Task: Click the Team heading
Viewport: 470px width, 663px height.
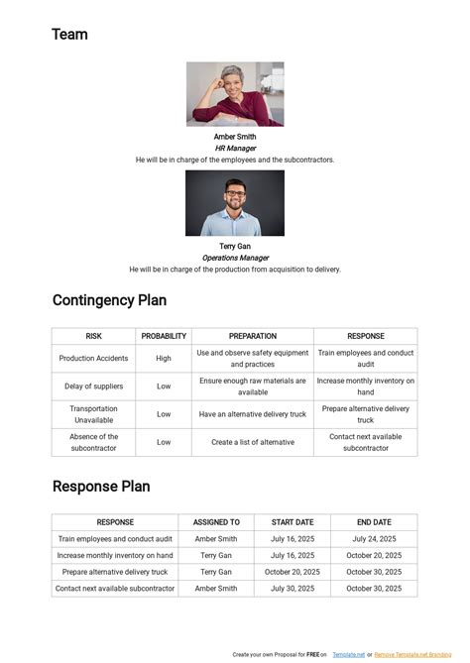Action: pos(69,35)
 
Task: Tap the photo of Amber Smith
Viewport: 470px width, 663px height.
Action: pos(235,94)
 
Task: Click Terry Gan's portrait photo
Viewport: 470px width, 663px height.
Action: pos(235,203)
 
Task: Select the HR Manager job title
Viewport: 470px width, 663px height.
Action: pos(235,148)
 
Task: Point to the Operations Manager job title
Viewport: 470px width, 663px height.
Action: pos(235,258)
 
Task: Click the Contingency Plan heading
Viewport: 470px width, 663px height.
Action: pos(109,300)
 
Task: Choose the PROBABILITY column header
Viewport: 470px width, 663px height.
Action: pos(164,336)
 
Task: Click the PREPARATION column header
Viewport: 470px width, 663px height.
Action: pos(253,336)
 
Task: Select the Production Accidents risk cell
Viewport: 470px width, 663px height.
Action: pos(93,359)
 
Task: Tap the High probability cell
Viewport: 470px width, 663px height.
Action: pos(164,359)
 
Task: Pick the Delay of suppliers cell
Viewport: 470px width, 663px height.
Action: pos(93,387)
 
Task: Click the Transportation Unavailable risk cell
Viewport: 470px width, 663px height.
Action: pos(93,414)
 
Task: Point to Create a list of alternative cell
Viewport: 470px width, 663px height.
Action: pos(253,442)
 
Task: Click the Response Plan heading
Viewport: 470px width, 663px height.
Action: pos(101,487)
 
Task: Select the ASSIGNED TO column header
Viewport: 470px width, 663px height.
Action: pos(216,522)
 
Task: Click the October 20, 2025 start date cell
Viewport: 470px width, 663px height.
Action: pos(292,572)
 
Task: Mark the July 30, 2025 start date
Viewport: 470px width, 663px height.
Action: pos(292,589)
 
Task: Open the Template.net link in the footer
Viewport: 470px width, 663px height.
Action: pos(348,655)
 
